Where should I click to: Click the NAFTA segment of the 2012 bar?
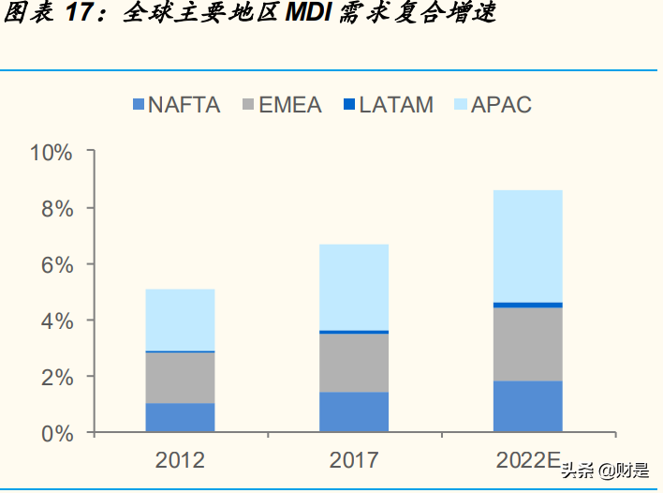[180, 417]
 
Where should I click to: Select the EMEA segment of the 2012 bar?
[180, 378]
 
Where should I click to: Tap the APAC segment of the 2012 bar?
[180, 320]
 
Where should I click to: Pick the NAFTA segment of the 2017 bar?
[354, 411]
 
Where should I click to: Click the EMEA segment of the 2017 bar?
[354, 363]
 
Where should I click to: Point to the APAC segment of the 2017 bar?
[354, 287]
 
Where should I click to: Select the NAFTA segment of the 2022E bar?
[528, 406]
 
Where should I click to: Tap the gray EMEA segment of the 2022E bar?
[528, 344]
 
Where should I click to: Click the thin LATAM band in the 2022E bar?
[528, 305]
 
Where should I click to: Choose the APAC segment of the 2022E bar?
[528, 246]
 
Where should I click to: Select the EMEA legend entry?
[281, 105]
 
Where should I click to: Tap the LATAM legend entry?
[388, 105]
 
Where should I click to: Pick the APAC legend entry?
[492, 105]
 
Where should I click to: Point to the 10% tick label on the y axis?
[51, 152]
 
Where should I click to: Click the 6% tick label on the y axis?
[56, 264]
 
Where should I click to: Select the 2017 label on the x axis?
[354, 460]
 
